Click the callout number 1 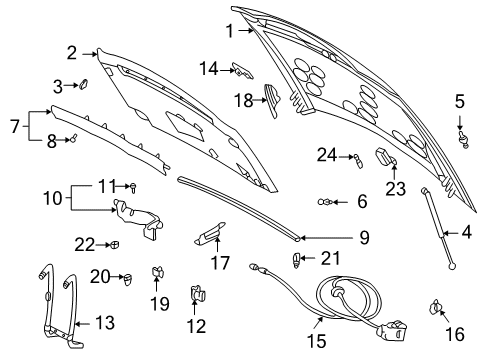pyautogui.click(x=229, y=30)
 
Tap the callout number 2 pyautogui.click(x=72, y=52)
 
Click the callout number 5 pyautogui.click(x=460, y=101)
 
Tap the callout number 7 pyautogui.click(x=12, y=127)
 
